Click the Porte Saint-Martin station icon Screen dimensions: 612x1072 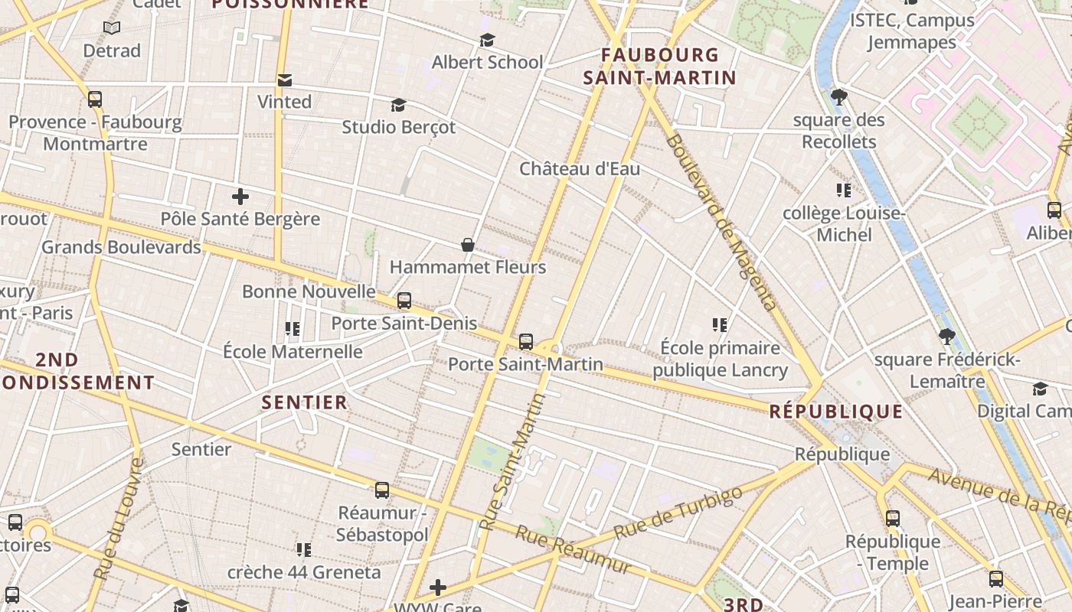coord(526,341)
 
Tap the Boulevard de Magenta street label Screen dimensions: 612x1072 coord(722,222)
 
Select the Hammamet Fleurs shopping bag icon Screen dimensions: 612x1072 coord(468,245)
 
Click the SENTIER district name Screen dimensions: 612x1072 coord(305,402)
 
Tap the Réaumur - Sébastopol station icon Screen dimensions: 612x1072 coord(382,490)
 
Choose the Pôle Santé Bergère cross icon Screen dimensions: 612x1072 coord(240,197)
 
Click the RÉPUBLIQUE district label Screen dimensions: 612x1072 coord(836,412)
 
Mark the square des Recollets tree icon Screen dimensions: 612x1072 coord(839,97)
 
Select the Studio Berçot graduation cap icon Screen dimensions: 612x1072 coord(398,105)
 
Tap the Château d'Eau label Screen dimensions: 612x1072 coord(580,169)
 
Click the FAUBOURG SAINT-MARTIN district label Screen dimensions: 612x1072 coord(659,67)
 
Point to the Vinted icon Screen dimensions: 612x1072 coord(285,80)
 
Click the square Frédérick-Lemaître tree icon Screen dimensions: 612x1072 coord(947,336)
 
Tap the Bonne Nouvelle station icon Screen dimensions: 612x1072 coord(404,301)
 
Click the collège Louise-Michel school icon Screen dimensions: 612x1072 coord(844,190)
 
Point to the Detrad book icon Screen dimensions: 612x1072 coord(112,28)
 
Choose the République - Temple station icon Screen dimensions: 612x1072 coord(893,519)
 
